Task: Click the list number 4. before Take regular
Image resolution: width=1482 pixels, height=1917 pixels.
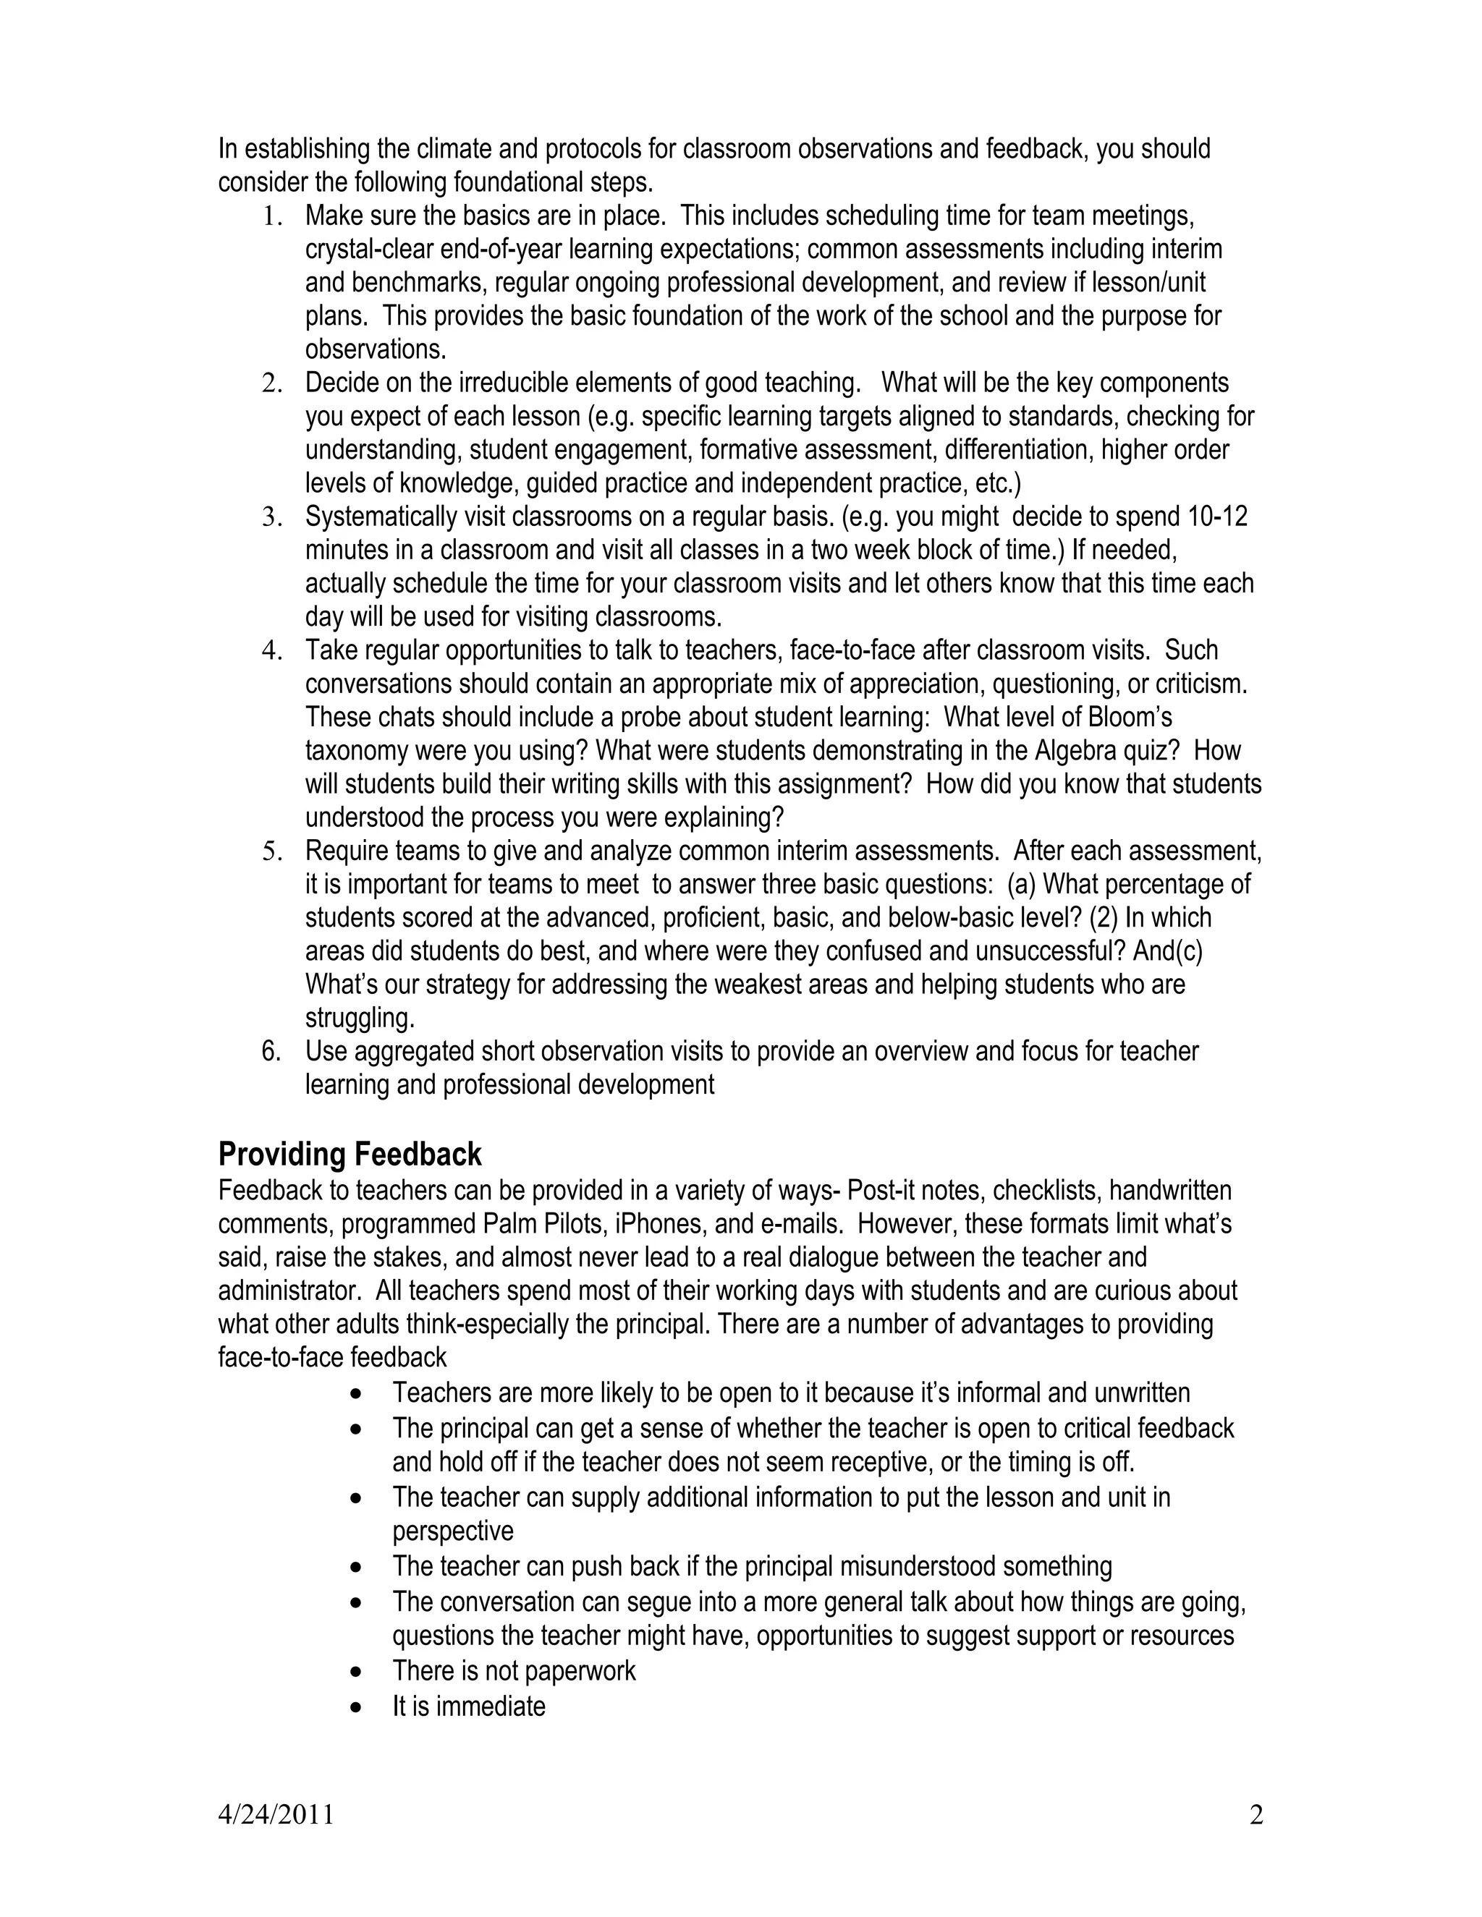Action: (272, 650)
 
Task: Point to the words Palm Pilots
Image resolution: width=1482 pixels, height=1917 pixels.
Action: (544, 1223)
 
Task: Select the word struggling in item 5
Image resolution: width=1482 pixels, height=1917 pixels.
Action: (359, 1019)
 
